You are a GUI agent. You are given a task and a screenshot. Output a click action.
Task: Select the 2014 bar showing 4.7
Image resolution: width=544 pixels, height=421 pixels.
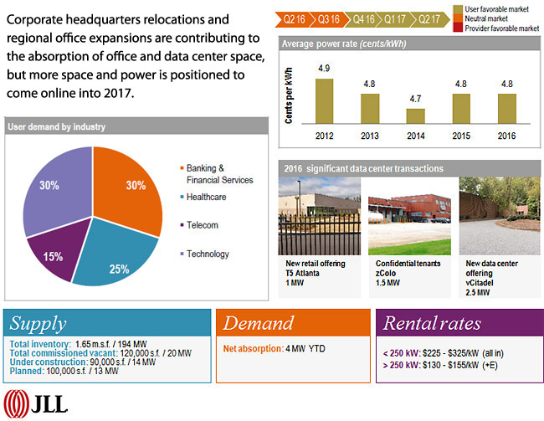point(416,116)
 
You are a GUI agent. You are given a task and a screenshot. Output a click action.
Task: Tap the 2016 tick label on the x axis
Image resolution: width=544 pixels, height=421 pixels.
point(507,135)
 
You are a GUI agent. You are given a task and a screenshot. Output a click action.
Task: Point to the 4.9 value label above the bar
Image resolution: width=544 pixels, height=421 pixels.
point(324,69)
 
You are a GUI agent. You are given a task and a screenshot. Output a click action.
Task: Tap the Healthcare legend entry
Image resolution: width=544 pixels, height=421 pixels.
point(204,197)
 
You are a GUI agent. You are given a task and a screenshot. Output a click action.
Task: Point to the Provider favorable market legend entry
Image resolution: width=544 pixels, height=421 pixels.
point(495,28)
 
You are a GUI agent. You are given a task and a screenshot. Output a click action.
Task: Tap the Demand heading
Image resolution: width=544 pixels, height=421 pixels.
point(259,324)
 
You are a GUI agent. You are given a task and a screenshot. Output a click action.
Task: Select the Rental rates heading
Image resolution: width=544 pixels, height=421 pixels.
point(432,324)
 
